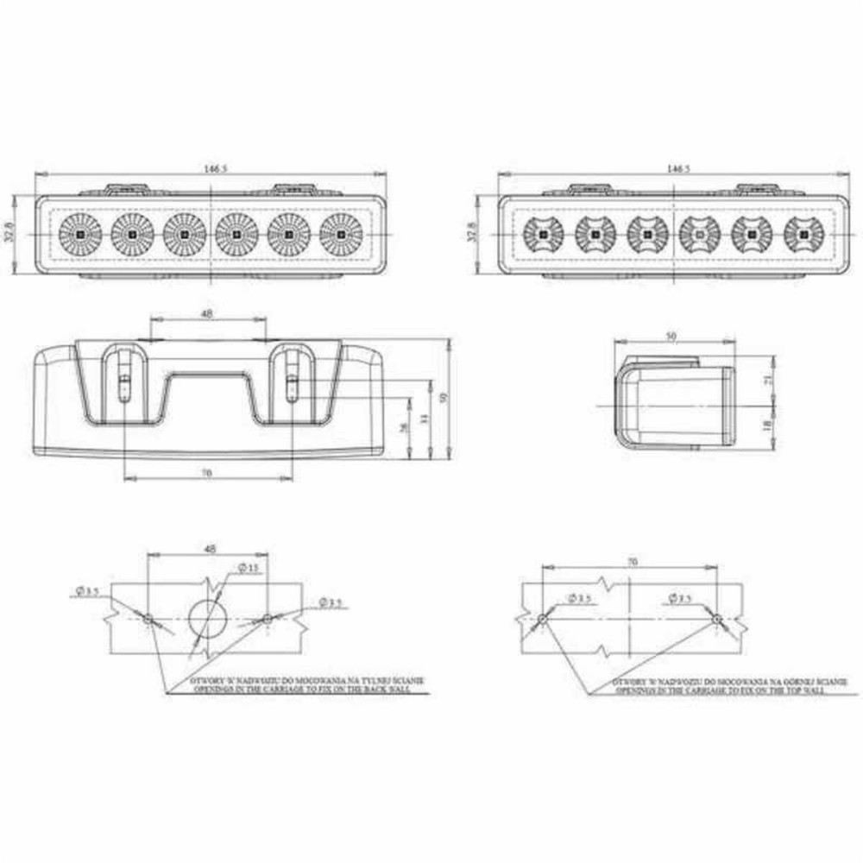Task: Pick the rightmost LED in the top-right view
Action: tap(803, 234)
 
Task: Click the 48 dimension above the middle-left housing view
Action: tap(207, 314)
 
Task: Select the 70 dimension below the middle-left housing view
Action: tap(205, 472)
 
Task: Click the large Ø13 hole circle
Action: tap(208, 618)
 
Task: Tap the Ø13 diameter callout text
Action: tap(249, 568)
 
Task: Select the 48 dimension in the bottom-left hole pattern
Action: tap(209, 548)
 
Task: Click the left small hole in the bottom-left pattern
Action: tap(148, 618)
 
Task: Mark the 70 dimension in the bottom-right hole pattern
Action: tap(631, 562)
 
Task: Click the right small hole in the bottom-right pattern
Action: tap(717, 618)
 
